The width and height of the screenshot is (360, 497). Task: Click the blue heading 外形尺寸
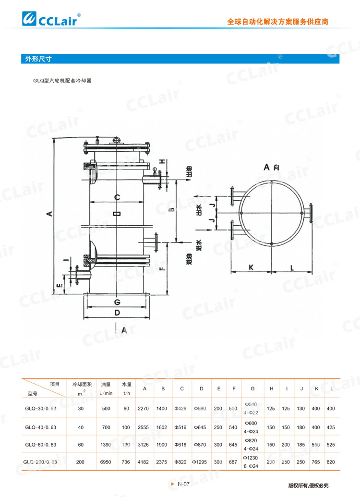pyautogui.click(x=39, y=59)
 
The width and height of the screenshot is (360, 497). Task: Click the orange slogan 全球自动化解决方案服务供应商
pyautogui.click(x=278, y=22)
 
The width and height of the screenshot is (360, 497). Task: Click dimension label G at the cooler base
pyautogui.click(x=117, y=302)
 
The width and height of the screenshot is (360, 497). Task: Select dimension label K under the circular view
pyautogui.click(x=251, y=267)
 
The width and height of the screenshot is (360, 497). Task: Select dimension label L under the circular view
pyautogui.click(x=292, y=267)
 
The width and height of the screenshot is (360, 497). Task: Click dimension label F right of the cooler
pyautogui.click(x=162, y=269)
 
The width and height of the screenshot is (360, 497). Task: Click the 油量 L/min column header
pyautogui.click(x=106, y=388)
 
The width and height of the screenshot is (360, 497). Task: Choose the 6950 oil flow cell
pyautogui.click(x=106, y=461)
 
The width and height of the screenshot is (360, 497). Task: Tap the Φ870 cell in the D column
pyautogui.click(x=200, y=444)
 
